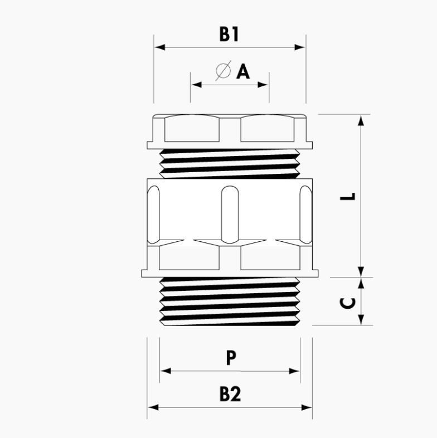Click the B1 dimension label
point(229,35)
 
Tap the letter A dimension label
point(243,71)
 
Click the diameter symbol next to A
point(224,70)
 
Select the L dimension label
point(348,196)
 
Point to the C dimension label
point(348,303)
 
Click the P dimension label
point(231,358)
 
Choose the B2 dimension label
point(230,394)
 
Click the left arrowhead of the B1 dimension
point(159,47)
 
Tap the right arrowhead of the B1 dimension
point(300,47)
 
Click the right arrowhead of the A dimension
point(263,84)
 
